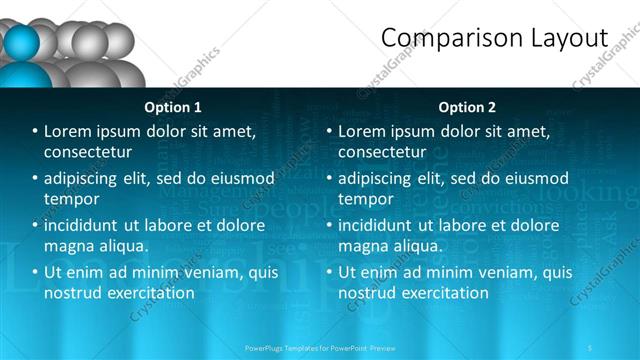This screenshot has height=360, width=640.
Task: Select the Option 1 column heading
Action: (173, 107)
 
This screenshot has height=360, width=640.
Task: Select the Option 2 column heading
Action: (467, 107)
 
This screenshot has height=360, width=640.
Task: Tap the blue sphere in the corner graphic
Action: (22, 44)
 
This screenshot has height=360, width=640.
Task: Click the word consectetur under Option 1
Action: (88, 152)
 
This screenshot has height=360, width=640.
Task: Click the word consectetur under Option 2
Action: (382, 152)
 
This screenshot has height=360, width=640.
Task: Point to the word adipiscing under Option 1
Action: (85, 179)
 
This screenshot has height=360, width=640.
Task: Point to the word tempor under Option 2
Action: (367, 199)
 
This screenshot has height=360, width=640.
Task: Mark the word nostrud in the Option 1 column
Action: (73, 293)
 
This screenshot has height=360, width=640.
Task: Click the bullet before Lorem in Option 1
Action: (35, 132)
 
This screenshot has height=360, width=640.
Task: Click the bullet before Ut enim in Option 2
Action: (329, 272)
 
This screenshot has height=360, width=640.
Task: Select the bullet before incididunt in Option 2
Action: (329, 226)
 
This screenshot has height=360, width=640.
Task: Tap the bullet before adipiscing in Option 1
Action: (35, 179)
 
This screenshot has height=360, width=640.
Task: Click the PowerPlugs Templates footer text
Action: (321, 348)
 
